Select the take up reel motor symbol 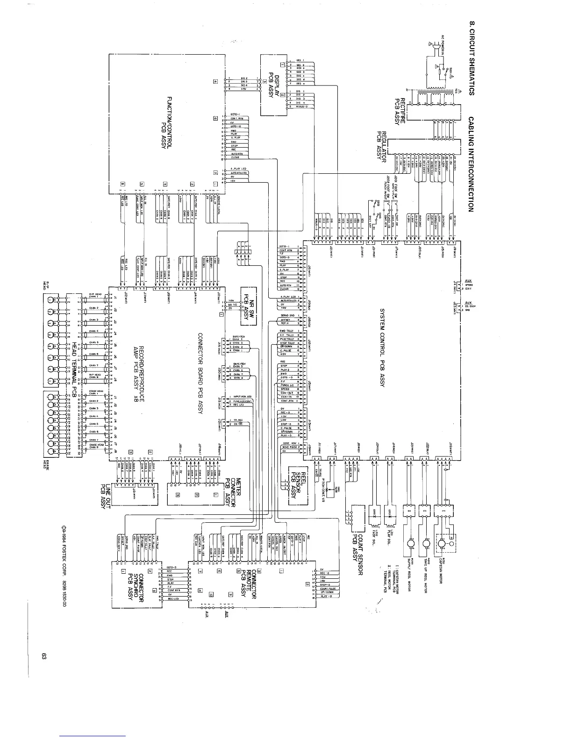click(426, 543)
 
